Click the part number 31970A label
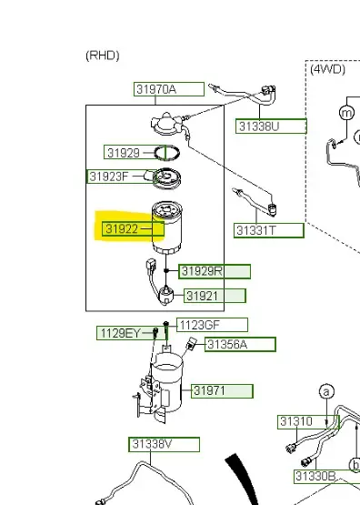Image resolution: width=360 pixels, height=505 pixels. click(169, 89)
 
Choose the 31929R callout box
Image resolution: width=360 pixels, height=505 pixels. click(215, 271)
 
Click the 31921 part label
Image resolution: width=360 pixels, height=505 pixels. click(215, 296)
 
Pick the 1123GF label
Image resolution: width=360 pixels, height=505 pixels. click(213, 325)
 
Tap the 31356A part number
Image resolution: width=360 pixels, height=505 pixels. click(240, 344)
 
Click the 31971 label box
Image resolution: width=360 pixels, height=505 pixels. click(222, 391)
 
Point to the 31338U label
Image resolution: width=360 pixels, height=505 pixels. click(271, 126)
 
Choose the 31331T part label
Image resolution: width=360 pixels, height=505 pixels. click(269, 230)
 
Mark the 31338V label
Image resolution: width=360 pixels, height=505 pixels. click(164, 444)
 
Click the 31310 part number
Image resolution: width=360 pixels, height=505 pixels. click(308, 422)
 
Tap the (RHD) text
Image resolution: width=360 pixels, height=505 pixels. click(103, 56)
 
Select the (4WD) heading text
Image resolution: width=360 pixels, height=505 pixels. click(327, 69)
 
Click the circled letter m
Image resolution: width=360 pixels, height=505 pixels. click(346, 113)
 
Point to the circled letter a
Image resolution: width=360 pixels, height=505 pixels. click(326, 391)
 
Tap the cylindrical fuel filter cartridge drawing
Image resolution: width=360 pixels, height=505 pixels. click(167, 227)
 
